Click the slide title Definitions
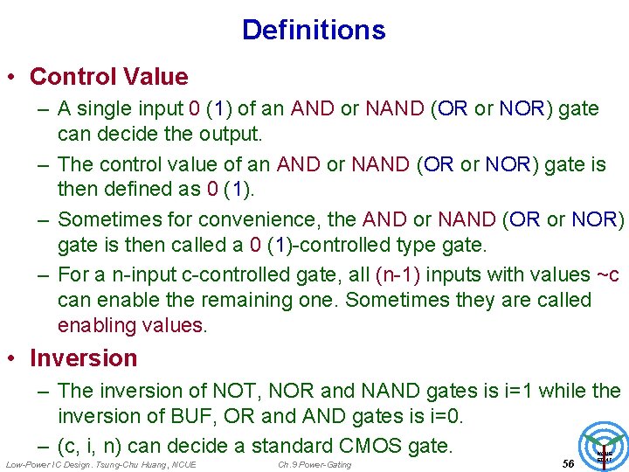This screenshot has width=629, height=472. (x=314, y=30)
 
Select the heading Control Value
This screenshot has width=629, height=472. (x=108, y=77)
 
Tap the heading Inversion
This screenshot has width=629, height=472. (x=83, y=358)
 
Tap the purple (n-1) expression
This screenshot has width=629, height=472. (x=397, y=274)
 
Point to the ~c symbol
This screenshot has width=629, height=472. (x=607, y=274)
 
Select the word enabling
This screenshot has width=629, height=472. (x=96, y=326)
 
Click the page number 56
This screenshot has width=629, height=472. (x=568, y=463)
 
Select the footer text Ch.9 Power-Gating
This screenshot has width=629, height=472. (x=314, y=464)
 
